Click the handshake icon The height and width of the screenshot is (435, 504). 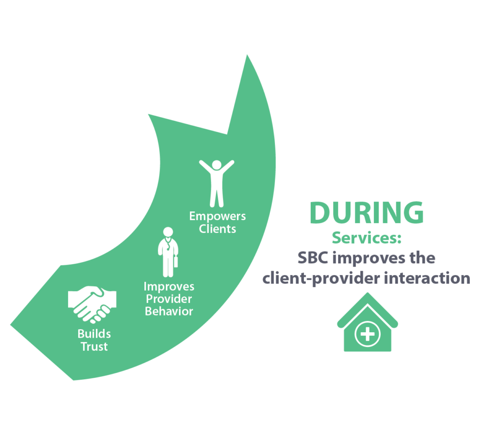(x=92, y=304)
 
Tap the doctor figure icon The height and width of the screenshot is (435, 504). (x=168, y=252)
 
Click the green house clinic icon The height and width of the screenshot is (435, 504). (x=367, y=322)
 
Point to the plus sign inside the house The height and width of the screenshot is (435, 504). (x=367, y=334)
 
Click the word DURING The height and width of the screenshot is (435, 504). (x=367, y=212)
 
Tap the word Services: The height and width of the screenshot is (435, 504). (x=367, y=238)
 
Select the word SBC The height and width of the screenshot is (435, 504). (x=313, y=258)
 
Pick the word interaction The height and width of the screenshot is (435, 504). (x=427, y=278)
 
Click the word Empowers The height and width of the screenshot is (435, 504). (x=217, y=216)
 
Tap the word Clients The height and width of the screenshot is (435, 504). (x=217, y=229)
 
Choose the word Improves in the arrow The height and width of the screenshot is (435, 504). (x=169, y=287)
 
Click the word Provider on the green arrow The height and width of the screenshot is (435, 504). (x=169, y=299)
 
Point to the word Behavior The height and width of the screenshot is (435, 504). (x=169, y=311)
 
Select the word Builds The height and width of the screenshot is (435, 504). (x=94, y=334)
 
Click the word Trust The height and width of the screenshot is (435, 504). (x=94, y=346)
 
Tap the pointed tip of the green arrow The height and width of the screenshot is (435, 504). (x=247, y=55)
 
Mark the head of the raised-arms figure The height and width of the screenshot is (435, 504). (x=217, y=165)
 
